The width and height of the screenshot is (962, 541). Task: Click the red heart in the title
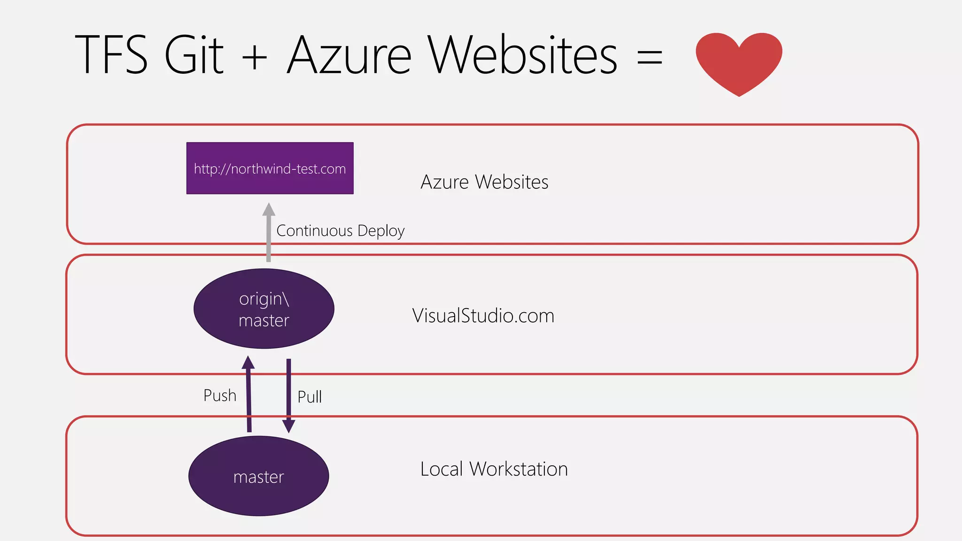pos(739,61)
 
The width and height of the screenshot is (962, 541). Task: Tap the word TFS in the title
pos(111,55)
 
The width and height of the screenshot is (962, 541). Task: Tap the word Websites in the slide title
pos(522,55)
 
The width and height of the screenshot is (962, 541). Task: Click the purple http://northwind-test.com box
pos(270,168)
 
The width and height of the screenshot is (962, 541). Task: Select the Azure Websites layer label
pos(484,182)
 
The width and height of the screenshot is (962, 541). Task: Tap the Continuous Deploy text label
pos(340,231)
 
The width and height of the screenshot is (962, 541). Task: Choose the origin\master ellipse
pos(264,309)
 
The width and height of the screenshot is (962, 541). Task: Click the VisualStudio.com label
pos(483,316)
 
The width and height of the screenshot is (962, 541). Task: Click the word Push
pos(219,395)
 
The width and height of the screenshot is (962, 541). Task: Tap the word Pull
pos(310,397)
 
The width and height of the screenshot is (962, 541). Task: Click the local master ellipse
pos(258,476)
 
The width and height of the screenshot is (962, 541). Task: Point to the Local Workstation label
pos(494,469)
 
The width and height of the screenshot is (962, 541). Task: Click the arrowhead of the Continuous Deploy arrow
pos(269,209)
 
